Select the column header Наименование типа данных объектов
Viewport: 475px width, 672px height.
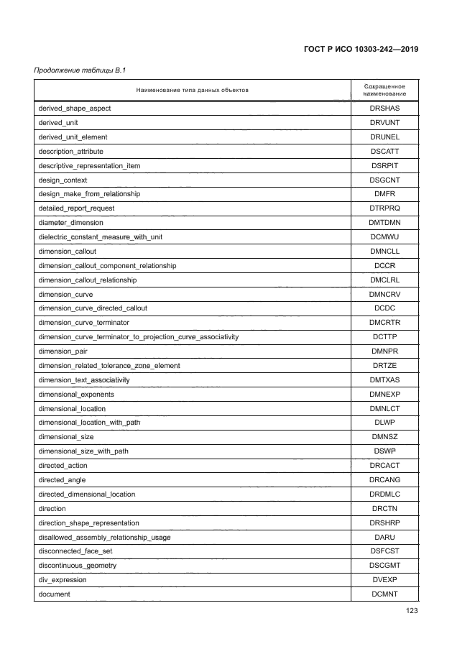[x=192, y=90]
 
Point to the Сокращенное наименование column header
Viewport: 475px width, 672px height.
[x=384, y=90]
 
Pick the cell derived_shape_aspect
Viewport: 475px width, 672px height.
[x=74, y=109]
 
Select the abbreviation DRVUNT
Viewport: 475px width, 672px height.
[x=384, y=123]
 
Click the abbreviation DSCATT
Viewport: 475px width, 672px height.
[x=384, y=152]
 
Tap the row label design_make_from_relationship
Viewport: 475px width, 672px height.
[x=89, y=194]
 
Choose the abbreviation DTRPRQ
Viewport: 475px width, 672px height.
[x=384, y=208]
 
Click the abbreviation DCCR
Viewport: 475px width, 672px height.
[x=384, y=266]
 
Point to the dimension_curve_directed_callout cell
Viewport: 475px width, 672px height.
[x=92, y=308]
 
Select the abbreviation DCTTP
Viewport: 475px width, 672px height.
[x=384, y=337]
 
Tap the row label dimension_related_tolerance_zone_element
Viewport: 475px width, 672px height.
[x=109, y=366]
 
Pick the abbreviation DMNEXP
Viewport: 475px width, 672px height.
[x=384, y=395]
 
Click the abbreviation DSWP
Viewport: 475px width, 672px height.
[x=384, y=451]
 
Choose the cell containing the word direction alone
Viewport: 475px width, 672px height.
[x=52, y=509]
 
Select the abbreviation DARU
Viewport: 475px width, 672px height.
[x=384, y=538]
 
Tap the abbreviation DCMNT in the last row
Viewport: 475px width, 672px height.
[x=384, y=594]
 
